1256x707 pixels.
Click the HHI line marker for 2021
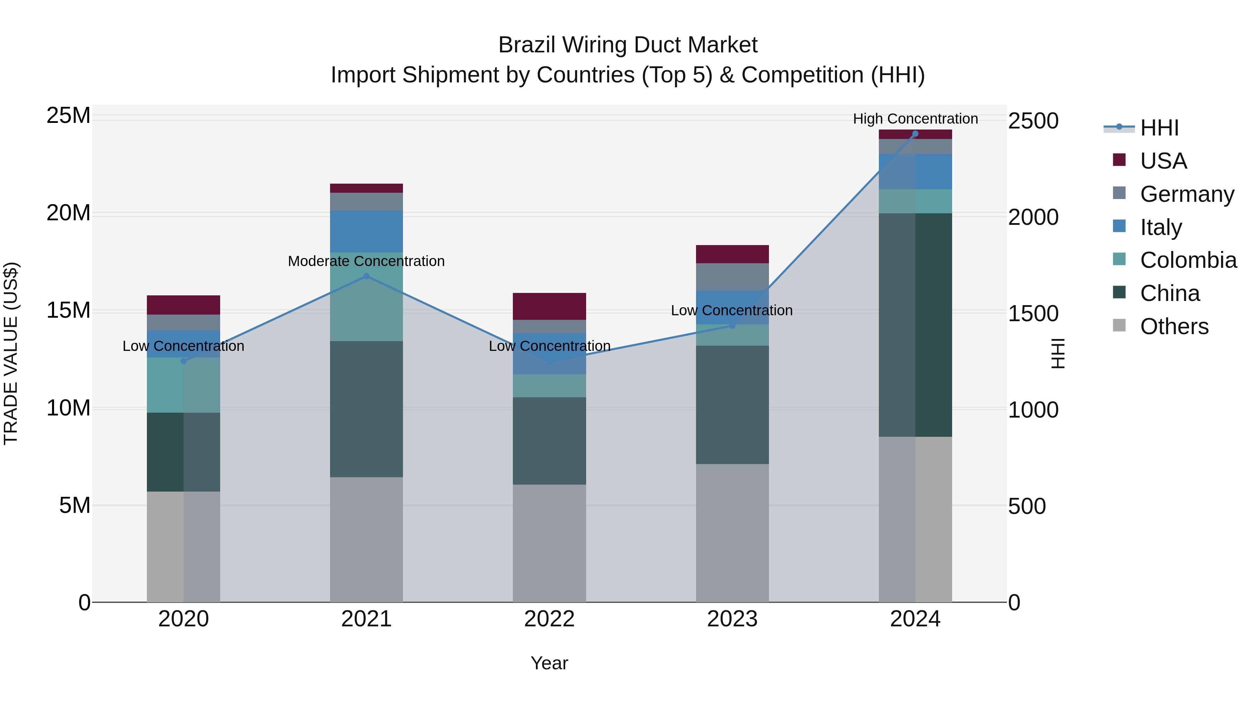(367, 276)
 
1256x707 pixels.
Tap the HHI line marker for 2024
(915, 134)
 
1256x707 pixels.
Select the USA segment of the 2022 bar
(549, 307)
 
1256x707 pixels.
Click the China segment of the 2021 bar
(367, 409)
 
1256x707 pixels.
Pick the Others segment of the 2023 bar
(732, 533)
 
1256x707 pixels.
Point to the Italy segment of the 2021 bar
(367, 231)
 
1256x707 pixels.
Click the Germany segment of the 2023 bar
(732, 277)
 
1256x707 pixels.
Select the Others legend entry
(1174, 326)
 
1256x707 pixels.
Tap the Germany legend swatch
(1120, 193)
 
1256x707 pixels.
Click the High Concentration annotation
(915, 119)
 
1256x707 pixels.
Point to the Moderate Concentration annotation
(366, 261)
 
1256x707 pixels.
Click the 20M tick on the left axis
(68, 213)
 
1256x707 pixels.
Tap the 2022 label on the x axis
(549, 619)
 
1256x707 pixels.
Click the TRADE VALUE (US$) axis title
(11, 353)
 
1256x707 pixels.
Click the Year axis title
(549, 663)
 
